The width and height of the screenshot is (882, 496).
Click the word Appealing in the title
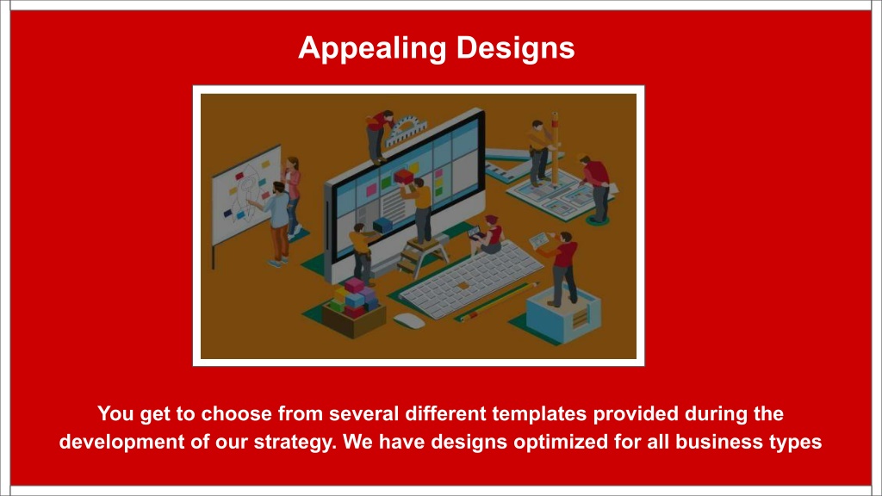point(372,48)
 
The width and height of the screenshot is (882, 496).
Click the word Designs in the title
point(515,48)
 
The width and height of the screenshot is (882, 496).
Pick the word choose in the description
point(236,414)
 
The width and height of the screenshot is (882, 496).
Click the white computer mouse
point(409,321)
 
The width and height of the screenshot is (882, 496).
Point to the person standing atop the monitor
point(379,135)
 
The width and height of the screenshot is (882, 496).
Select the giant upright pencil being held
point(555,148)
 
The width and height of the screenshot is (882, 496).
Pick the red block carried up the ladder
point(404,177)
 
